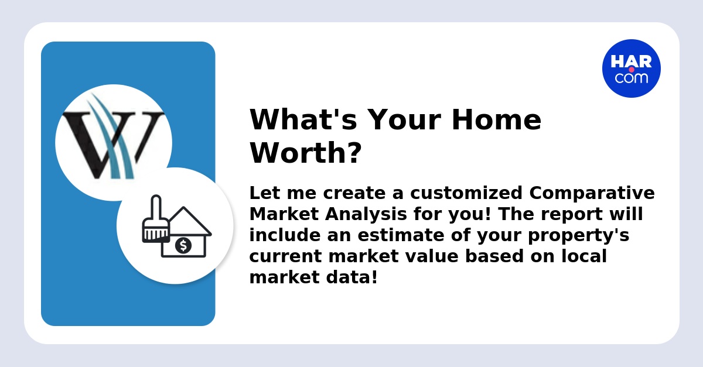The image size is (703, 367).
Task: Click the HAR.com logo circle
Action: click(631, 68)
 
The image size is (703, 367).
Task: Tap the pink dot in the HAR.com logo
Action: click(632, 70)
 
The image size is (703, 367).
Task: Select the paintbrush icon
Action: click(156, 219)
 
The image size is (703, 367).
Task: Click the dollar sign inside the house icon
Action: click(183, 245)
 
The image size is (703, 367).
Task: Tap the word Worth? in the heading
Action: click(305, 153)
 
